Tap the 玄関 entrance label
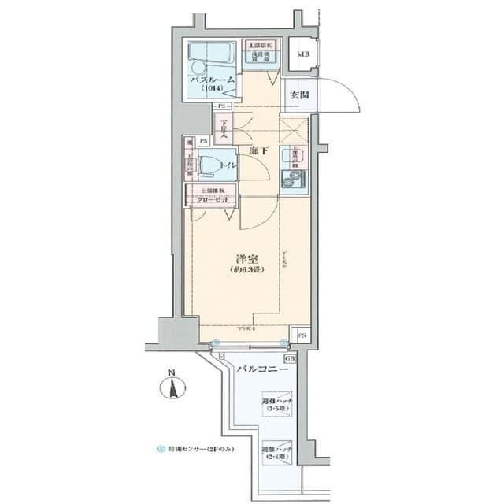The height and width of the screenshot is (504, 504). [x=298, y=95]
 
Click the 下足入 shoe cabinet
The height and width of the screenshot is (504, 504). [x=225, y=129]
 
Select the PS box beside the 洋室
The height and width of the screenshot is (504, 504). [x=302, y=335]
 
